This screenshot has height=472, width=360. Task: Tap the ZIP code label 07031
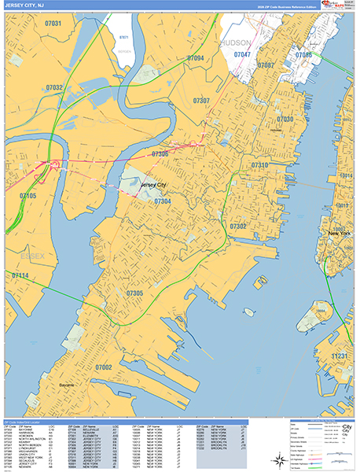click(x=53, y=24)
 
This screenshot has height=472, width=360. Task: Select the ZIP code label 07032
click(x=55, y=87)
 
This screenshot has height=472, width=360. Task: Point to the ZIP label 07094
click(x=195, y=59)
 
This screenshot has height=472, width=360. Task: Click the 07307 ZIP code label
click(x=201, y=101)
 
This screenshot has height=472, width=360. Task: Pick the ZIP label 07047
click(x=242, y=54)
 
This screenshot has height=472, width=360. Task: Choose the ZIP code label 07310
click(x=259, y=166)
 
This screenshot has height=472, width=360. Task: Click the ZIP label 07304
click(x=163, y=201)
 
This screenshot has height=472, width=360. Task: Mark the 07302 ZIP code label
click(x=238, y=226)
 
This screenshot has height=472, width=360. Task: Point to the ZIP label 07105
click(x=28, y=195)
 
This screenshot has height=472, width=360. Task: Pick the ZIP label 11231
click(x=343, y=356)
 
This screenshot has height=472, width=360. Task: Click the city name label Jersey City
click(x=152, y=185)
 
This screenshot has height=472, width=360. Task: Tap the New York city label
click(x=339, y=234)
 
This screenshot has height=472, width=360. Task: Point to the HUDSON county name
click(x=236, y=42)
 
